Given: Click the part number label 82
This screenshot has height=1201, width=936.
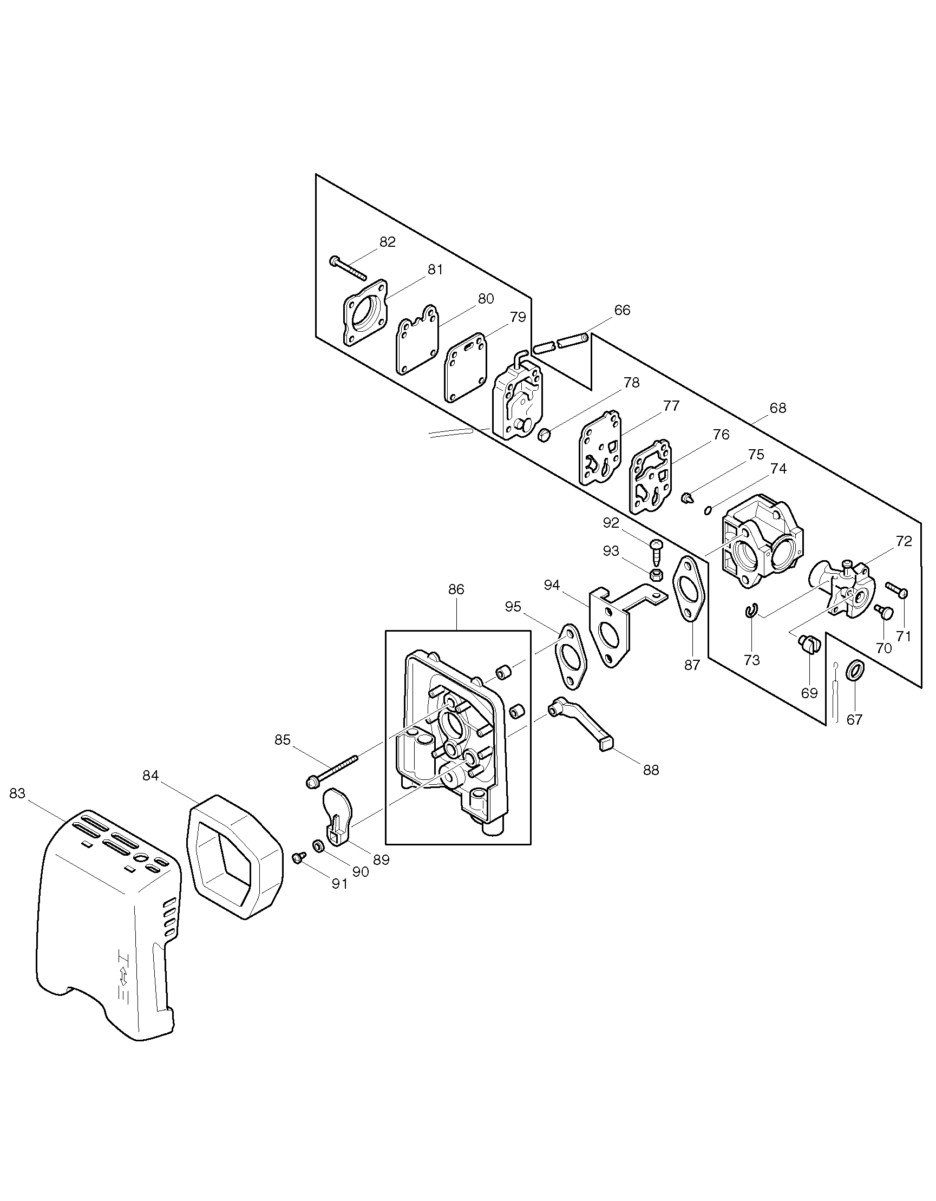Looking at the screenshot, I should click(388, 242).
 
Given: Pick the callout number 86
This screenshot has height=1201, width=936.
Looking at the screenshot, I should click(456, 589).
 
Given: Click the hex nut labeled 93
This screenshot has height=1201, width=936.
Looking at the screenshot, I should click(656, 575).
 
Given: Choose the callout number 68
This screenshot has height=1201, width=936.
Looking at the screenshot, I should click(778, 408).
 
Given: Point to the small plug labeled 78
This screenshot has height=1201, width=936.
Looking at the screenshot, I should click(542, 437).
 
